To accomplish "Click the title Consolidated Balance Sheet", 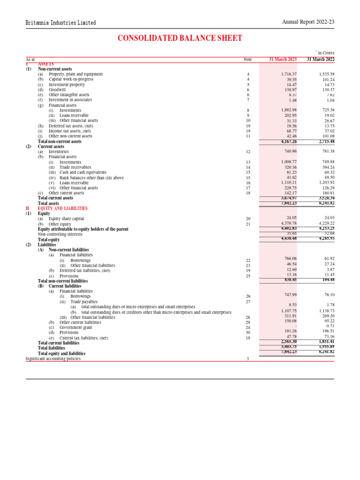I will click(180, 38).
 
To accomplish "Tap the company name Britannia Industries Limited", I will click(61, 22).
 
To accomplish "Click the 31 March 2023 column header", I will click(283, 60).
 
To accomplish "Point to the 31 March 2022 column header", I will click(321, 60).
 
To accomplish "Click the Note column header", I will click(247, 60).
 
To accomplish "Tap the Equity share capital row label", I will click(67, 218).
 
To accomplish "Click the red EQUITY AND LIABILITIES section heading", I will click(62, 208).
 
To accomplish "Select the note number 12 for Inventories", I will click(247, 152).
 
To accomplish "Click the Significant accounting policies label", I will click(53, 359).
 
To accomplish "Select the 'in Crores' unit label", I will click(325, 53).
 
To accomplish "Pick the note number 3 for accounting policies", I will click(247, 359).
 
